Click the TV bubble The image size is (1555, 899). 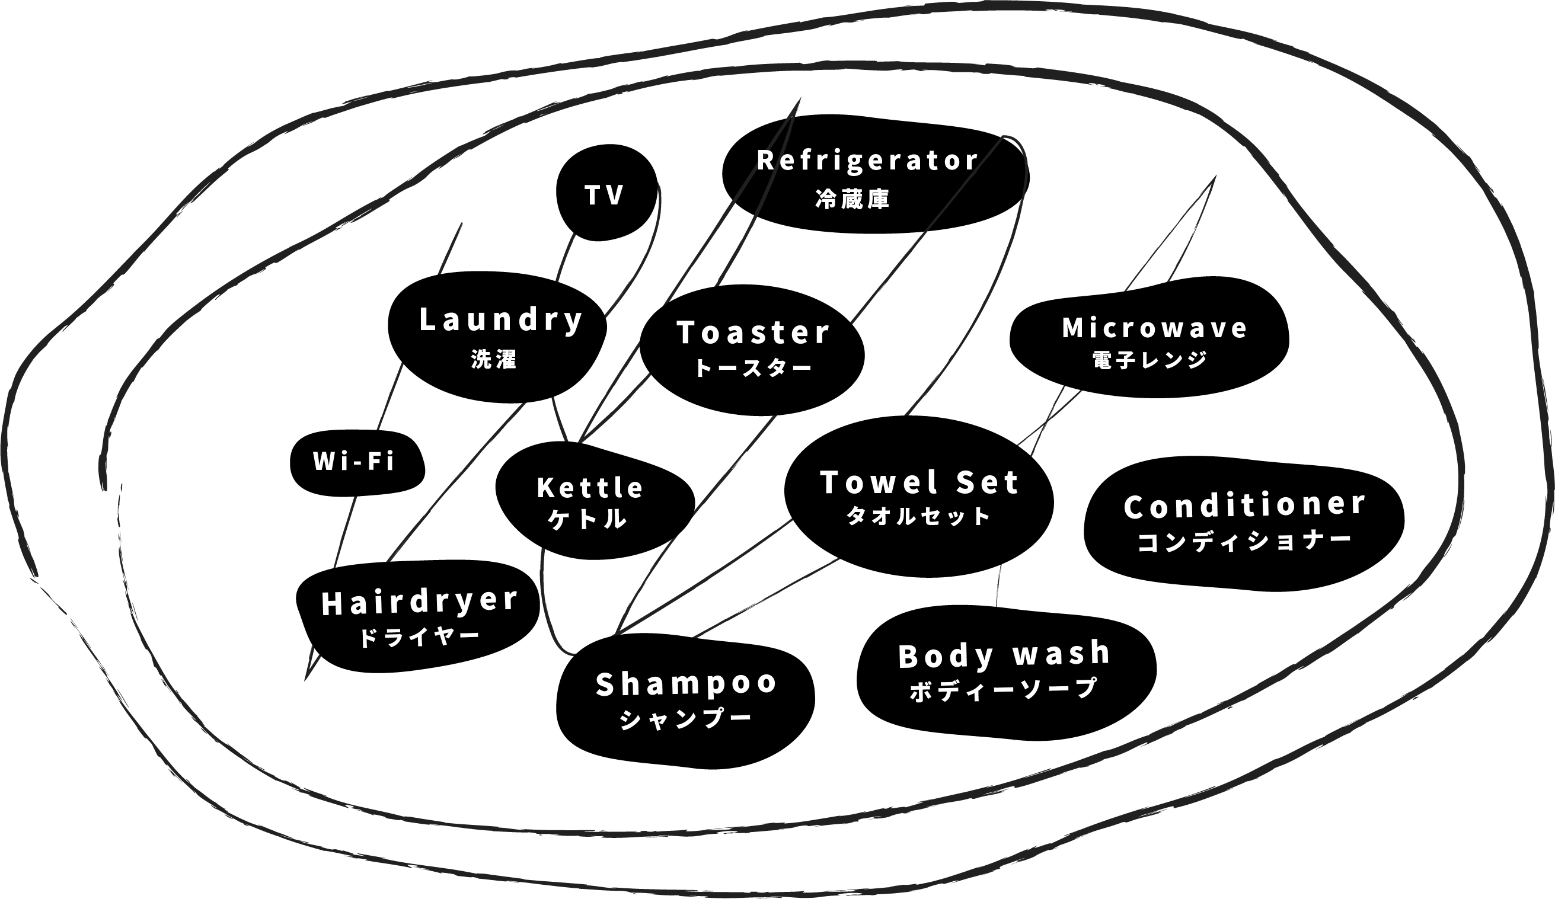605,194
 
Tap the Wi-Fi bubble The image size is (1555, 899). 353,461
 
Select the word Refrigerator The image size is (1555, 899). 867,161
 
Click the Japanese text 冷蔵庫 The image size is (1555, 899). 852,199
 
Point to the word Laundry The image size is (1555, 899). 500,320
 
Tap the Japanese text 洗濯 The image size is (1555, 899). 494,359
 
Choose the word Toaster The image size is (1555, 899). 753,332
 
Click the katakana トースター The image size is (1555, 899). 753,369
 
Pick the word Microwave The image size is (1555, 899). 1154,328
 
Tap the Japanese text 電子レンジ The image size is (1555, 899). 1149,360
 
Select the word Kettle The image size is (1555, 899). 590,488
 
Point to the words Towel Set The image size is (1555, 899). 919,482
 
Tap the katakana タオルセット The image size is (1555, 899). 918,516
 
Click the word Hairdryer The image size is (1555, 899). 420,602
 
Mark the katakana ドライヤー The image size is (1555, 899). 419,636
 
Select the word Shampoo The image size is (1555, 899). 686,684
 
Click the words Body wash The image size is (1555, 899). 1004,655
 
